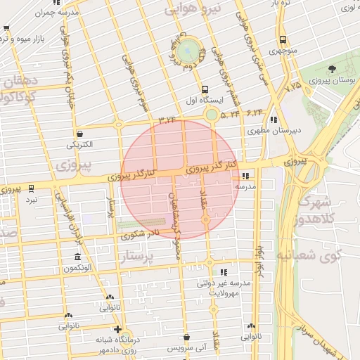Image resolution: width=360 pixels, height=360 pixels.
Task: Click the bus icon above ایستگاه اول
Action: coord(205,89)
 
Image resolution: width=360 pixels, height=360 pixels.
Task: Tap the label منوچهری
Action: coord(283,52)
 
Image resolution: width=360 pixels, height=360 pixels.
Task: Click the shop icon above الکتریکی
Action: coord(79,134)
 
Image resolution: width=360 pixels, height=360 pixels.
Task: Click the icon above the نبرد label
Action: coord(31,188)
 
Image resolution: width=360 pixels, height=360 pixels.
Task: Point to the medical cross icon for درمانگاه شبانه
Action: coord(117,329)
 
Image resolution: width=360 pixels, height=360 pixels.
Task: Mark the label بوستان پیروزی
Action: coord(334,82)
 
